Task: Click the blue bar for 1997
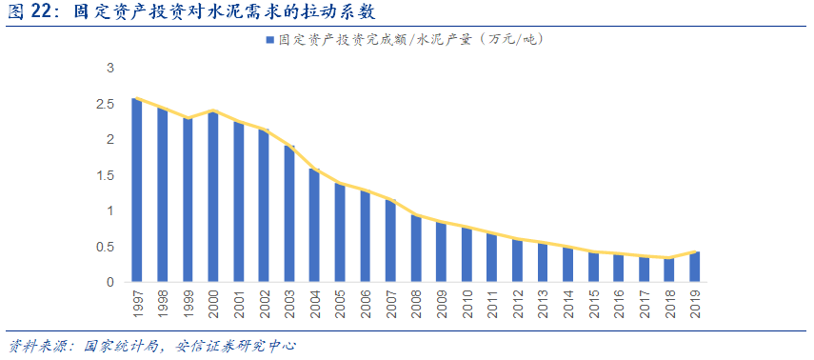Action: click(x=137, y=190)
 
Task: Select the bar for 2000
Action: click(x=213, y=197)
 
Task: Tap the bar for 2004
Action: click(x=315, y=226)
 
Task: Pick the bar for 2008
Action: click(x=416, y=249)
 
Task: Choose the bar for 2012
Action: click(x=518, y=261)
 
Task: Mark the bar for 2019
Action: click(x=695, y=267)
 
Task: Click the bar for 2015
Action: click(x=594, y=267)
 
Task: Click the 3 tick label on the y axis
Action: click(x=110, y=69)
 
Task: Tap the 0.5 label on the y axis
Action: click(x=109, y=247)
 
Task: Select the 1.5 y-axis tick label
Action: click(x=109, y=175)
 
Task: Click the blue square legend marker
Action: click(x=270, y=41)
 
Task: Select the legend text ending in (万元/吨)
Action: click(x=410, y=40)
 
